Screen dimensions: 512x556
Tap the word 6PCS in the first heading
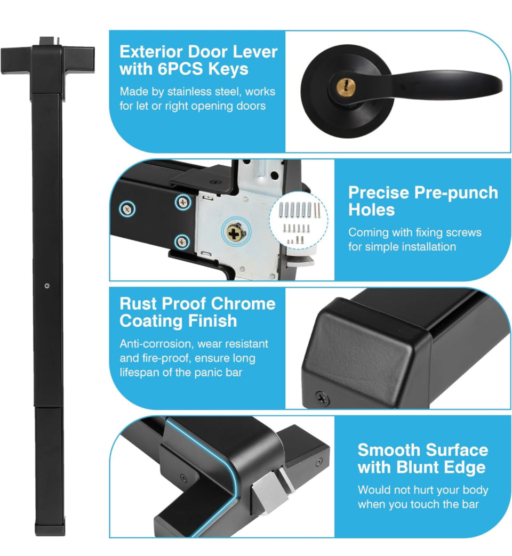[180, 69]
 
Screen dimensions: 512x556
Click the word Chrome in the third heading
[243, 303]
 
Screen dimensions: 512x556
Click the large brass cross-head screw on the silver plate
[234, 233]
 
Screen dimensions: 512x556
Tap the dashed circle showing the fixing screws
[298, 220]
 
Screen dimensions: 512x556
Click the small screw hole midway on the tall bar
[47, 286]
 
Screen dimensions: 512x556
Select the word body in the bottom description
[475, 490]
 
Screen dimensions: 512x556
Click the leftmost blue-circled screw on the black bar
[127, 208]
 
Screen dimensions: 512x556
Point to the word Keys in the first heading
[228, 69]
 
